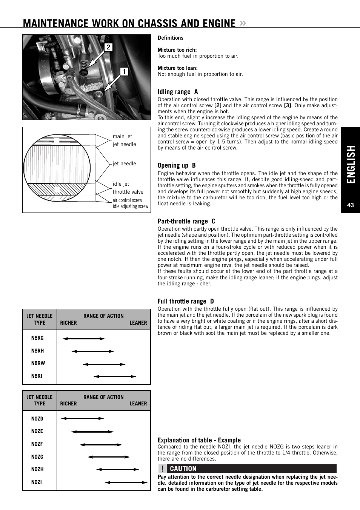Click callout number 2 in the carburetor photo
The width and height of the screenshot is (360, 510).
pos(108,47)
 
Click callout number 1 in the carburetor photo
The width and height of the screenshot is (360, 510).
pos(124,72)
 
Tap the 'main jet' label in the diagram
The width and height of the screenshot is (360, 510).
pos(122,137)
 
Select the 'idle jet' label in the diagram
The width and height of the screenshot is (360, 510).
pos(121,184)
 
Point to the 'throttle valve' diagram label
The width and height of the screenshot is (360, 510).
pos(128,192)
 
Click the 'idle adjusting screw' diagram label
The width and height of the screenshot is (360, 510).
pos(130,206)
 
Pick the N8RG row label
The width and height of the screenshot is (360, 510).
pos(37,338)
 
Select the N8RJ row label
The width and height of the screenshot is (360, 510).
pos(37,376)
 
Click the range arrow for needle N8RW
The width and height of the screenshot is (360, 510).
pos(104,364)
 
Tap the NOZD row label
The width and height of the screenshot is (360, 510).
pos(37,419)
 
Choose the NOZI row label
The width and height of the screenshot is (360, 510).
pos(36,482)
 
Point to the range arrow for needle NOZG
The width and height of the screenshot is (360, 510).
pos(109,457)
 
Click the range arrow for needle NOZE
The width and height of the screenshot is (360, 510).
pos(92,431)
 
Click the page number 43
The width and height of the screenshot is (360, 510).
pos(351,205)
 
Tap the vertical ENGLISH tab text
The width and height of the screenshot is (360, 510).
pos(351,165)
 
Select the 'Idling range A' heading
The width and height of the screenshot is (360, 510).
pos(178,92)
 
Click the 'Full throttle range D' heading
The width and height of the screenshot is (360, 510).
pos(186,301)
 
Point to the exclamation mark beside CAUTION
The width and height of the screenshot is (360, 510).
pos(162,469)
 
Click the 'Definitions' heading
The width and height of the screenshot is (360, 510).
pos(170,38)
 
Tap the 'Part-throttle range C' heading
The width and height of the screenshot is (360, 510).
pos(186,221)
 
